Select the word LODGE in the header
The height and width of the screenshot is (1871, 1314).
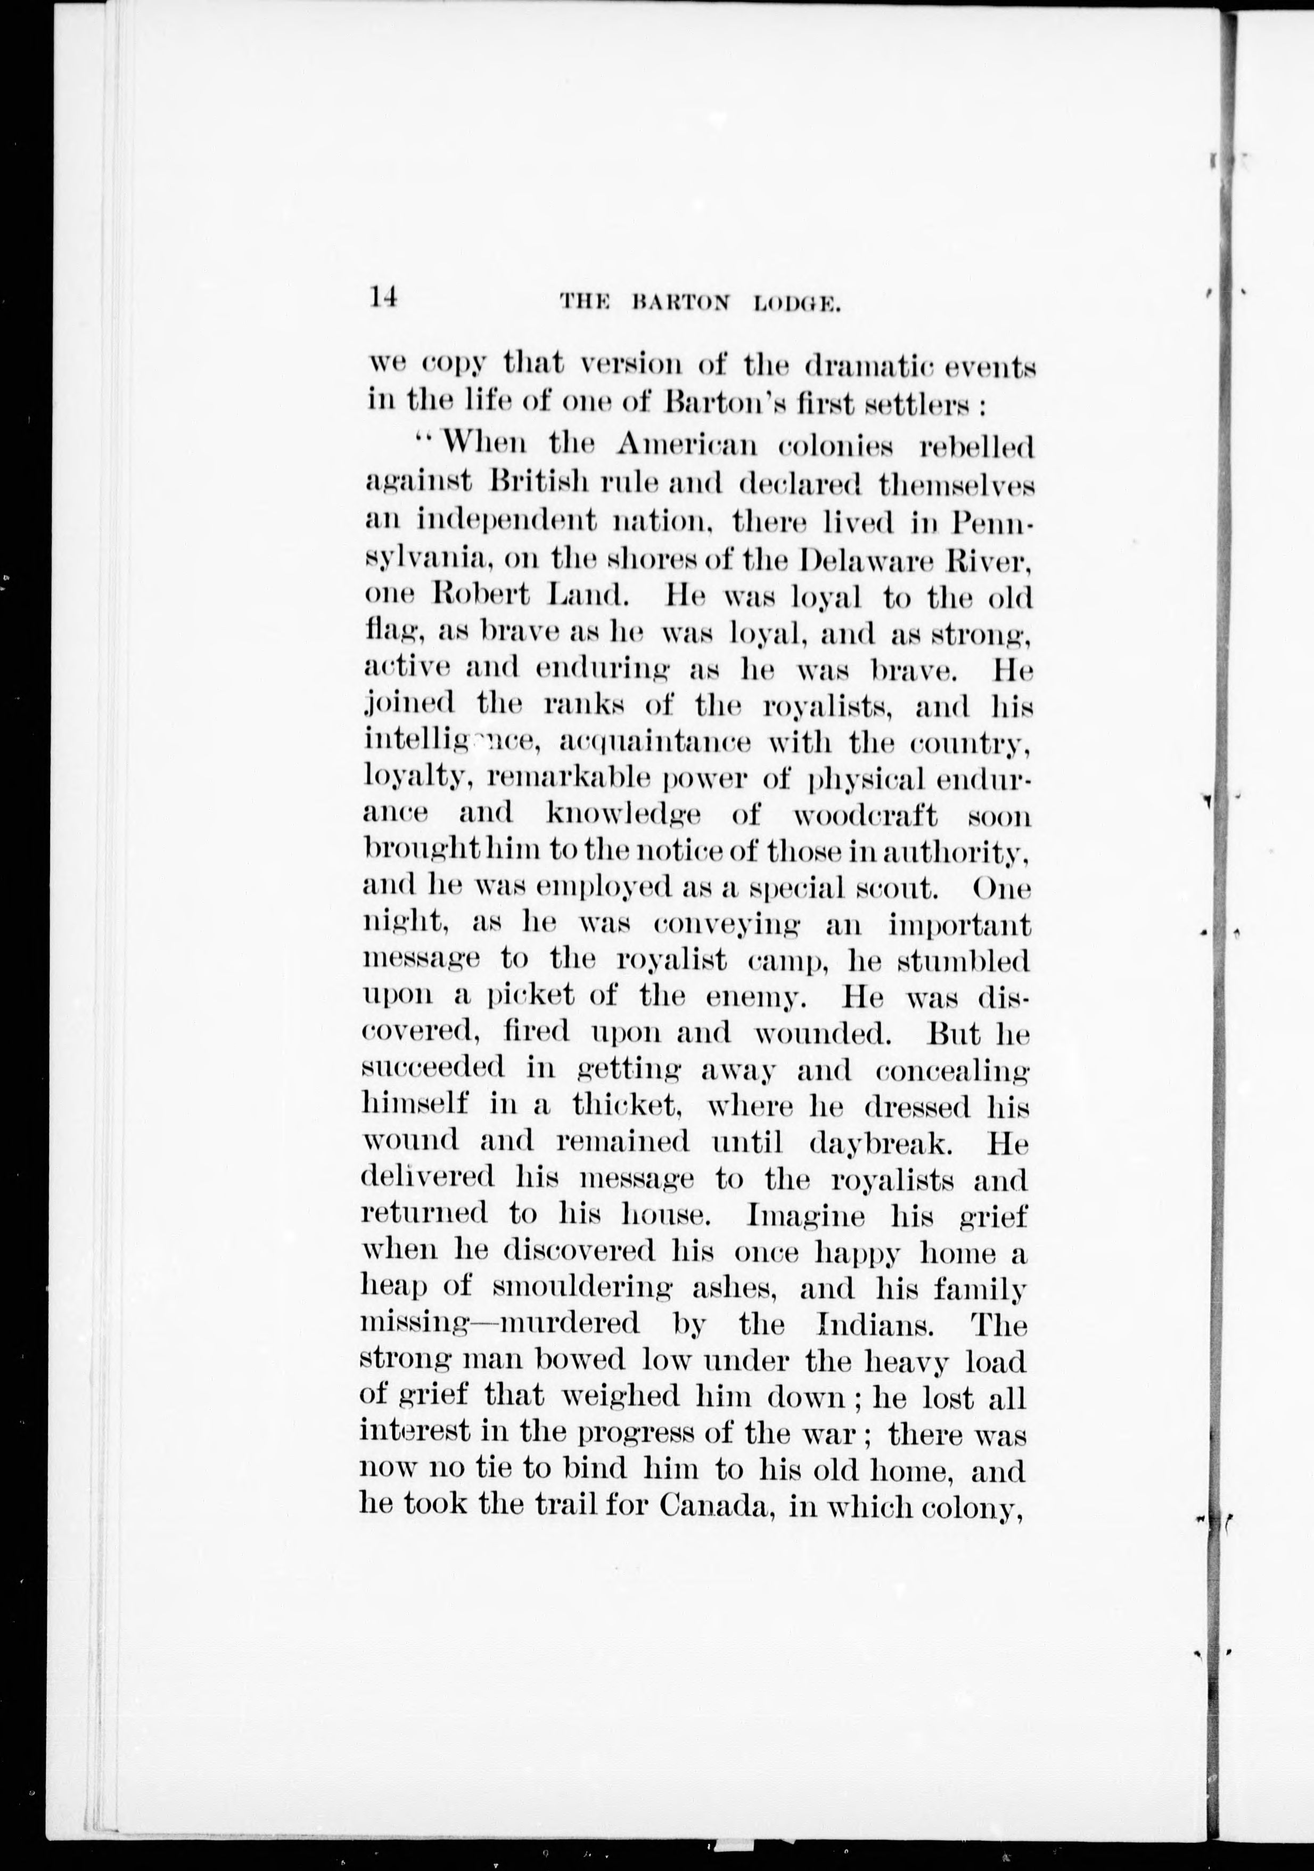pyautogui.click(x=796, y=304)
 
